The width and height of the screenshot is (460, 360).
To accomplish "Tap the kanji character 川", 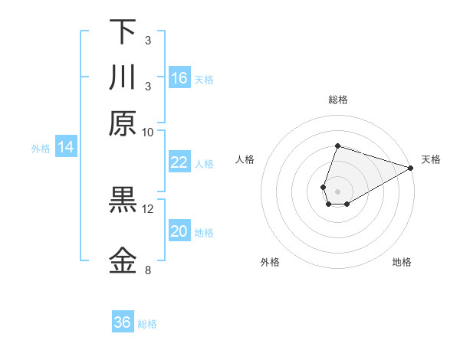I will click(x=123, y=78).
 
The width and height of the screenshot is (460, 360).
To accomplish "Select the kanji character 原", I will click(x=123, y=123).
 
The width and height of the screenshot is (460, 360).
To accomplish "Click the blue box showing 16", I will click(x=179, y=78).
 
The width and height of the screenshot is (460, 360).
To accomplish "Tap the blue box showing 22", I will click(x=179, y=162).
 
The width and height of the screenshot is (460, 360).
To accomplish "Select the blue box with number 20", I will click(x=179, y=231).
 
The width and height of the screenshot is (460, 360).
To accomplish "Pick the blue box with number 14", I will click(x=66, y=147).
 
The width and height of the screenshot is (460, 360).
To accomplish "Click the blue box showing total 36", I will click(x=123, y=322).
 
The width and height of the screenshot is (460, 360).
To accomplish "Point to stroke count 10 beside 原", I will click(x=148, y=132).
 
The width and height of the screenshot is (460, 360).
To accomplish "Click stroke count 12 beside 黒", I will click(x=148, y=208).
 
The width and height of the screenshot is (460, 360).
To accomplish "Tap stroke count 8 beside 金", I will click(x=148, y=270).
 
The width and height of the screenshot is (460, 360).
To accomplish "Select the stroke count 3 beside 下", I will click(x=148, y=39).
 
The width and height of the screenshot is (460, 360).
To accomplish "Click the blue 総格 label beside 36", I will click(x=147, y=324).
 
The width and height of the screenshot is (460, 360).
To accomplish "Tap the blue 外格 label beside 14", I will click(x=40, y=149).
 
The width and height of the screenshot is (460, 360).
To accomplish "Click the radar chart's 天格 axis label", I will click(x=432, y=159).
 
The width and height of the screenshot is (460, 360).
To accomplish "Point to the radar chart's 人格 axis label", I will click(x=245, y=159).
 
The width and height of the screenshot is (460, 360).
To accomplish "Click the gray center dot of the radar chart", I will click(x=337, y=191).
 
